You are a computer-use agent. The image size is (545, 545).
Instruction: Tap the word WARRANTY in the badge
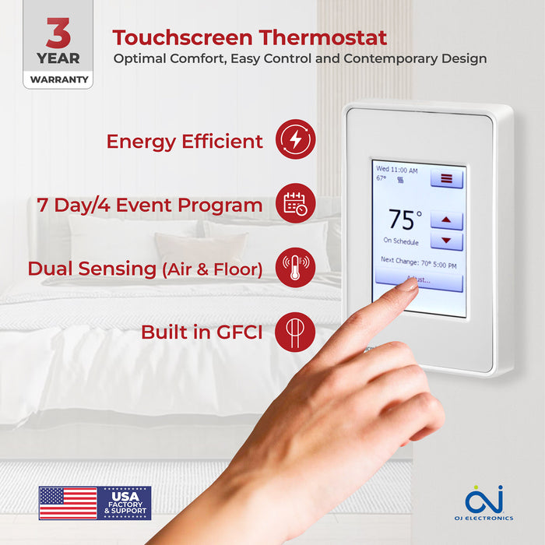(58, 79)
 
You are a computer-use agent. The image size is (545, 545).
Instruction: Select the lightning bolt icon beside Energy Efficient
(296, 140)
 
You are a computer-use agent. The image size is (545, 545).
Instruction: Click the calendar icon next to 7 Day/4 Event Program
(296, 204)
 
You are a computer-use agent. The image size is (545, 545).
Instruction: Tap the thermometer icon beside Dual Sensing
(296, 267)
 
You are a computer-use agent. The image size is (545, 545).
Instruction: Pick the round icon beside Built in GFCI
(296, 332)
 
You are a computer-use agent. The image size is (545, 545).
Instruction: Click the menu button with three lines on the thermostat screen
(446, 178)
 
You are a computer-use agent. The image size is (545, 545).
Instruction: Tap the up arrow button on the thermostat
(446, 220)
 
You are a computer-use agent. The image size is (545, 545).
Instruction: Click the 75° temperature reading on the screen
(405, 220)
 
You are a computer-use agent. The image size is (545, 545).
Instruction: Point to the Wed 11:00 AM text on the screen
(397, 169)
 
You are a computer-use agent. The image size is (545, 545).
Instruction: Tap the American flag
(68, 503)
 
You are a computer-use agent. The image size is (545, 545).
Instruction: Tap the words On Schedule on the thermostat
(402, 241)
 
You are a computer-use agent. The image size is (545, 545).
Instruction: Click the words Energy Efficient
(185, 141)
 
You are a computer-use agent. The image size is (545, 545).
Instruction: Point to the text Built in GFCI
(201, 332)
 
